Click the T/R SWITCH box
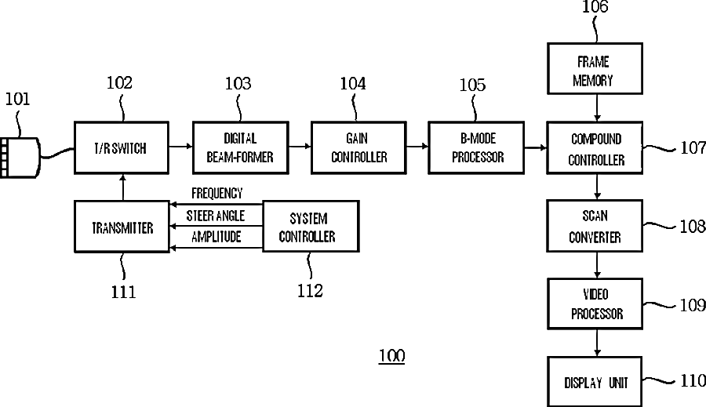pos(121,147)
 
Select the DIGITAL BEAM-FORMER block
pos(239,147)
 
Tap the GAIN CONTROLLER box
pos(358,147)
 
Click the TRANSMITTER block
pos(121,227)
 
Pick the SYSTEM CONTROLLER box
pos(310,227)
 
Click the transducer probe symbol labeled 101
pos(20,157)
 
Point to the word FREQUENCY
pos(217,194)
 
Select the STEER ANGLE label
pos(216,216)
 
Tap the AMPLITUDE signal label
pos(216,237)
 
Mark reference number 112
pos(310,291)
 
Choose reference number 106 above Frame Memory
pos(595,8)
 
